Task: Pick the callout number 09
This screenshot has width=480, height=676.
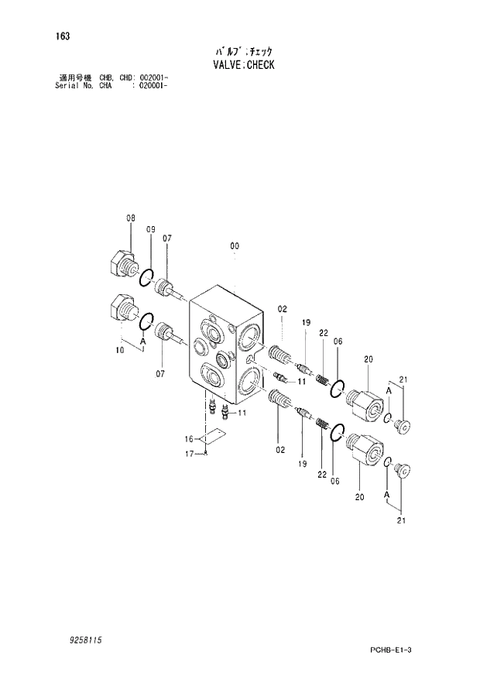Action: [151, 229]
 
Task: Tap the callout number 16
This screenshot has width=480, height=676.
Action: [188, 438]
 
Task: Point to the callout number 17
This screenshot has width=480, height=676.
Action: [188, 454]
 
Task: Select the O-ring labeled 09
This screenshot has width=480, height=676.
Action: [146, 276]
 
